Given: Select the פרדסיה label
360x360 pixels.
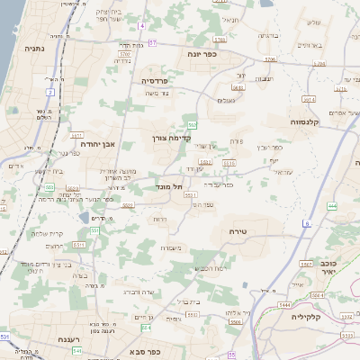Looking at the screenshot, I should [162, 80].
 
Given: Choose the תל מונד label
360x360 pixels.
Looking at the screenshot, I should [169, 186].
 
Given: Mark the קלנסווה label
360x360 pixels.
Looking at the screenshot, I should [308, 121].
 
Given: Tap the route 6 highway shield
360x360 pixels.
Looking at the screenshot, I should [306, 222].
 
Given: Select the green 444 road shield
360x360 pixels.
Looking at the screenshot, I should [331, 207].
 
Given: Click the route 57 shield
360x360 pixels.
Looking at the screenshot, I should [153, 41].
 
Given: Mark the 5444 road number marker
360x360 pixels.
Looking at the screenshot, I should [284, 306].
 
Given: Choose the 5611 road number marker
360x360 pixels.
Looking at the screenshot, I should [79, 243].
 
